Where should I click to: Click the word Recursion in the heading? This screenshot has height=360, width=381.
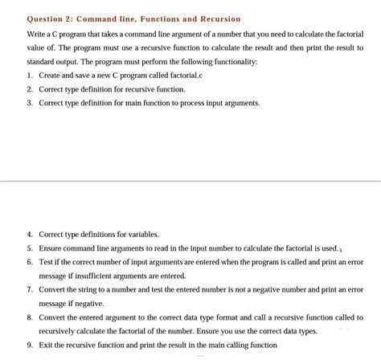[215, 18]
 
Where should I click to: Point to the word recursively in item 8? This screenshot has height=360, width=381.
[59, 331]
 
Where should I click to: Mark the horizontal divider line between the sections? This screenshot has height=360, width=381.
[190, 182]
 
